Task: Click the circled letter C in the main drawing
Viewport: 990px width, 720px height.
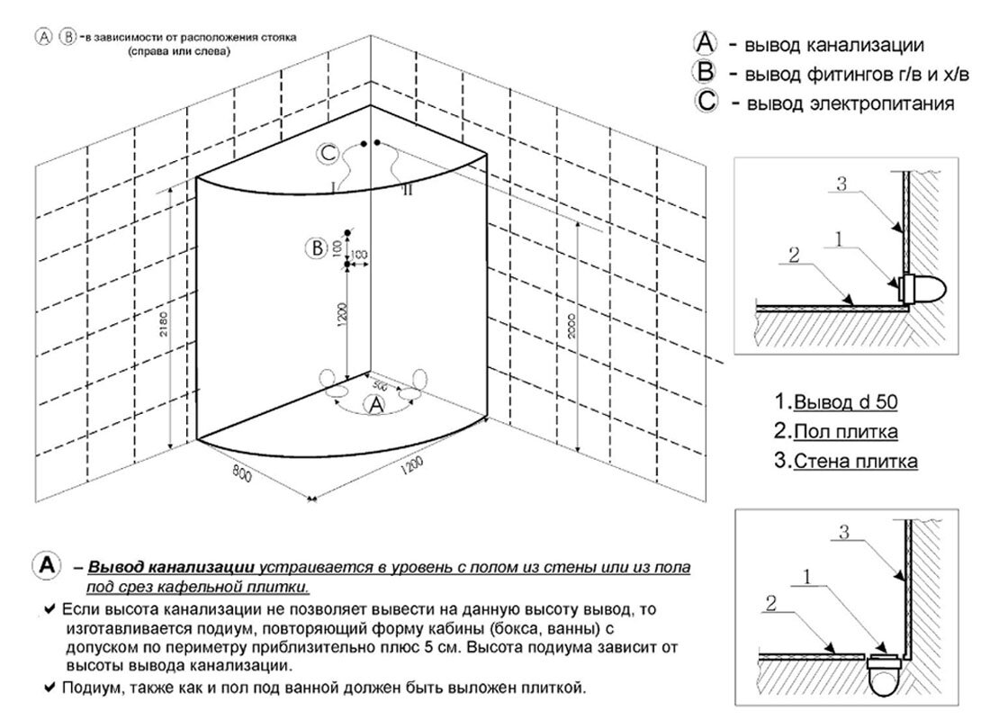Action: click(x=328, y=155)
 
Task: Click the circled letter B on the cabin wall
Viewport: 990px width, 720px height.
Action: click(x=316, y=248)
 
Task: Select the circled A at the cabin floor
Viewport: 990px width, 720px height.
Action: click(x=374, y=405)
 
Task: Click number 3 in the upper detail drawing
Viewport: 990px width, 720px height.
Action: click(x=841, y=184)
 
